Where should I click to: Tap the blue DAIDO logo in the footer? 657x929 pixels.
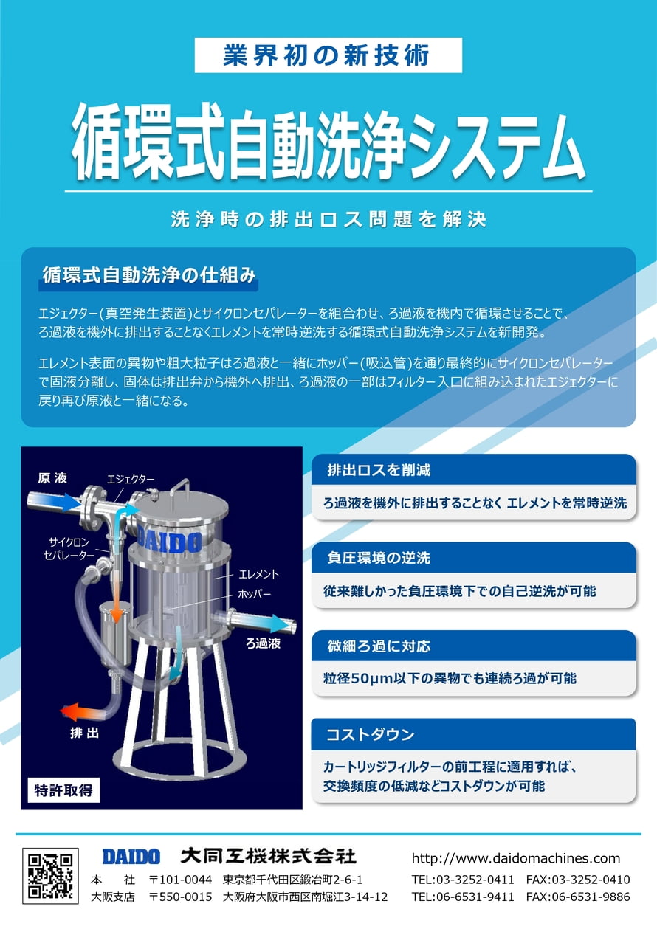(x=131, y=857)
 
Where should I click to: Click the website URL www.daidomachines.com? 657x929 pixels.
(x=515, y=858)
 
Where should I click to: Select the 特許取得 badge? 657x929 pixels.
(x=63, y=790)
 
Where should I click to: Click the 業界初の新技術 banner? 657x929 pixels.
(x=328, y=55)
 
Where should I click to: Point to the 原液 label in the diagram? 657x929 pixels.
(x=52, y=478)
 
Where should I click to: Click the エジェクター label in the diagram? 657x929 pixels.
(x=131, y=479)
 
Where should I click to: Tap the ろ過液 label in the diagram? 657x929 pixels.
(x=263, y=643)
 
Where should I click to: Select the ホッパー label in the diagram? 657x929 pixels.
(x=255, y=593)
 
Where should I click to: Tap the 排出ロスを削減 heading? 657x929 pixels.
(x=379, y=470)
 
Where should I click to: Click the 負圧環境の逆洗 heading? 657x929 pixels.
(x=379, y=559)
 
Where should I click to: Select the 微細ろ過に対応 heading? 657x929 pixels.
(x=379, y=646)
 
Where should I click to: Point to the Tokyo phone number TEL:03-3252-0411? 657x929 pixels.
(x=463, y=880)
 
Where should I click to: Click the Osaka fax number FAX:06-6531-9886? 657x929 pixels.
(x=578, y=897)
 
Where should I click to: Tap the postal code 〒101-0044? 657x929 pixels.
(x=181, y=880)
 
